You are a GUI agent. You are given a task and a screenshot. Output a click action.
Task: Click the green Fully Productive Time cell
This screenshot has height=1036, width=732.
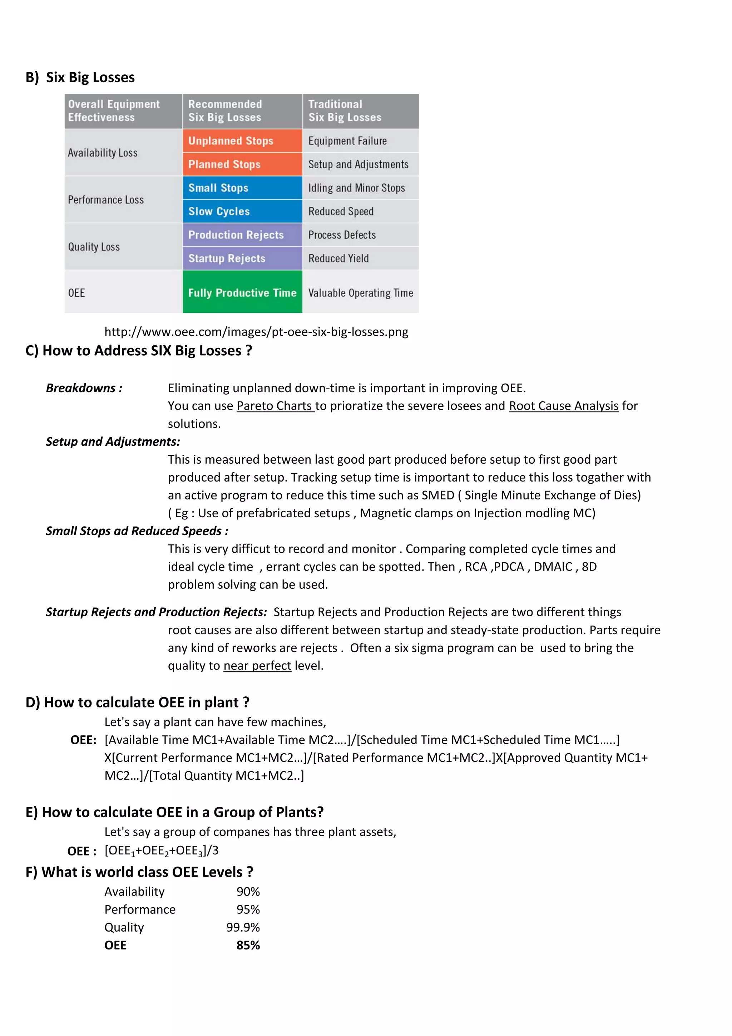point(242,292)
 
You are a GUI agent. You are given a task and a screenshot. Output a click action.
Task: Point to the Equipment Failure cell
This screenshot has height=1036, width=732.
point(360,141)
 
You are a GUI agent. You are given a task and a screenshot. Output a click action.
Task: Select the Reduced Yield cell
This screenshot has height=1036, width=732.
point(360,258)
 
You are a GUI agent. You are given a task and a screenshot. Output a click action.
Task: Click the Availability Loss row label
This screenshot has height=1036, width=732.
point(103,153)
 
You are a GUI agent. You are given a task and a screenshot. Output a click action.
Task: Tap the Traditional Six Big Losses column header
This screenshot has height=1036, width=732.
point(360,111)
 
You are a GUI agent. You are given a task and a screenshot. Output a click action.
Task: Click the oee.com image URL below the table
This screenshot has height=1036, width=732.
point(256,332)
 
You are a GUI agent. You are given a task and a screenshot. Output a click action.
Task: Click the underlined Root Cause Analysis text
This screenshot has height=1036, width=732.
point(563,406)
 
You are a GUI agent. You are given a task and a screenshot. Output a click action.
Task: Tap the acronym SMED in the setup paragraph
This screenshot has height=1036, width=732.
point(437,495)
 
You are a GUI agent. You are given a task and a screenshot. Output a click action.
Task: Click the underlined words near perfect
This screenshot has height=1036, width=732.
point(257,666)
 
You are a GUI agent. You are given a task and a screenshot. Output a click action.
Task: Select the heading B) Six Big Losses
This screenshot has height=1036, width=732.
point(80,77)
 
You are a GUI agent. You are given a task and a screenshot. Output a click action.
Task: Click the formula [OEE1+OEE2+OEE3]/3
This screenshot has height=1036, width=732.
point(162,850)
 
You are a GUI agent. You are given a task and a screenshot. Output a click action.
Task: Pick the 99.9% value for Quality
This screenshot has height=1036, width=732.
point(243,927)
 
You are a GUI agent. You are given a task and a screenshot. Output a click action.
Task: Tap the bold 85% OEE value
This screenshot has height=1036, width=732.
point(248,945)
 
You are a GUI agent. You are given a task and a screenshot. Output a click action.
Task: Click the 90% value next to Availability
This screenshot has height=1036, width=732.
point(248,892)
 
